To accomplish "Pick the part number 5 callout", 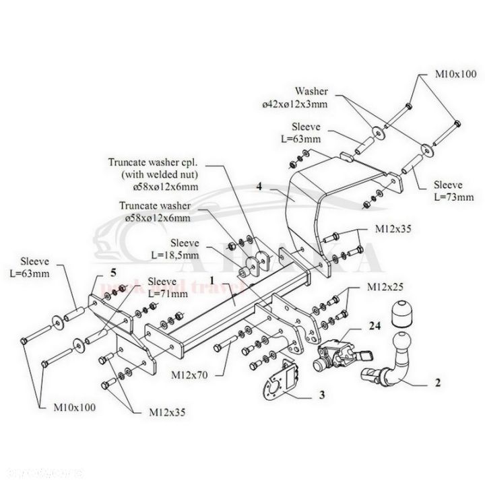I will [113, 272].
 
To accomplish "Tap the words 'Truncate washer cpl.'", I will [156, 162].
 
